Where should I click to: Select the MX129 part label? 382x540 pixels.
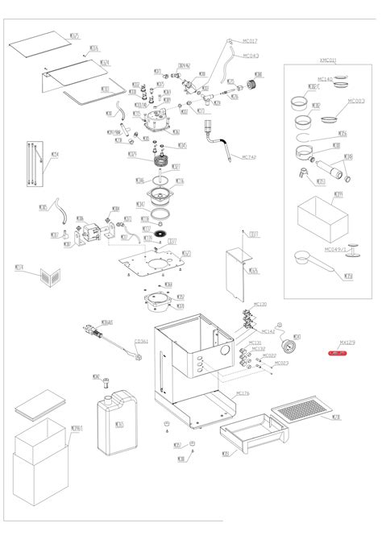[x=347, y=342]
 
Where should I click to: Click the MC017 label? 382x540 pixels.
[x=250, y=40]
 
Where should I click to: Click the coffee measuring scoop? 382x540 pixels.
[x=313, y=255]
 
